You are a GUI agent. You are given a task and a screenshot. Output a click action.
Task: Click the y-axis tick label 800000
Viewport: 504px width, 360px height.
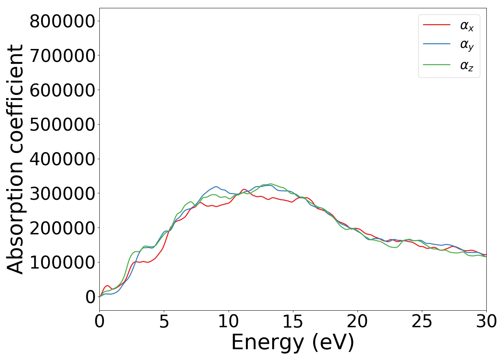[62, 21]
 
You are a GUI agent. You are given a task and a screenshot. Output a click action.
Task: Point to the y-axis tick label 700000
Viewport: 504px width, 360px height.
[62, 56]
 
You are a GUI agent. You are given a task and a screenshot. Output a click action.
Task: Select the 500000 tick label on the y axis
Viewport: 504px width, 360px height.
[62, 125]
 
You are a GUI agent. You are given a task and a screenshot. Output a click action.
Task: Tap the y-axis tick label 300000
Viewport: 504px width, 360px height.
[62, 193]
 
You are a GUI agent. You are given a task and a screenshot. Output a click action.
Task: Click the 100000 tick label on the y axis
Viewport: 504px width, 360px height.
[62, 262]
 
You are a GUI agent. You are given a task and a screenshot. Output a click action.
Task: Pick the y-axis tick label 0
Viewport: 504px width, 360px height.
[91, 297]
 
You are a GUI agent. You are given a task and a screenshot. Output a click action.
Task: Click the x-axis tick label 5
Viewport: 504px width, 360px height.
[164, 321]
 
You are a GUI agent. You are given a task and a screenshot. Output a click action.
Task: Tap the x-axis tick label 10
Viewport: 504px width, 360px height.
[228, 321]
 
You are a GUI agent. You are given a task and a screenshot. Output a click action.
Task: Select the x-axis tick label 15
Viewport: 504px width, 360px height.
[293, 321]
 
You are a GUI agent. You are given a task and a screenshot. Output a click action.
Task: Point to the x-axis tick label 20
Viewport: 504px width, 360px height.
[357, 321]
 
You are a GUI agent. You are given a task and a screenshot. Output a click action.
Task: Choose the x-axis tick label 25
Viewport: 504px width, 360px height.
[422, 321]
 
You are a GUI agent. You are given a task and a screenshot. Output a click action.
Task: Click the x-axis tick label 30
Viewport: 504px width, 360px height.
[486, 321]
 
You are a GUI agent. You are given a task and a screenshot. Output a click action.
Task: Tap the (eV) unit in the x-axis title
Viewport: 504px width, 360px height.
[333, 342]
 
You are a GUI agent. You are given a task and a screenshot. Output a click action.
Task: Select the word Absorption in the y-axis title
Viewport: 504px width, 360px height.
[15, 216]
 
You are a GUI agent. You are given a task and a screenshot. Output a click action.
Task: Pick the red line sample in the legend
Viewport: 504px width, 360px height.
[436, 25]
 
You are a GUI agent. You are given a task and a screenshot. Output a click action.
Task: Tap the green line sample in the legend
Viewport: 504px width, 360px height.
[436, 65]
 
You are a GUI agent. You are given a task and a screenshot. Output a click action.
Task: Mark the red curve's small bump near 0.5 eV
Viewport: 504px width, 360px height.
[107, 286]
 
